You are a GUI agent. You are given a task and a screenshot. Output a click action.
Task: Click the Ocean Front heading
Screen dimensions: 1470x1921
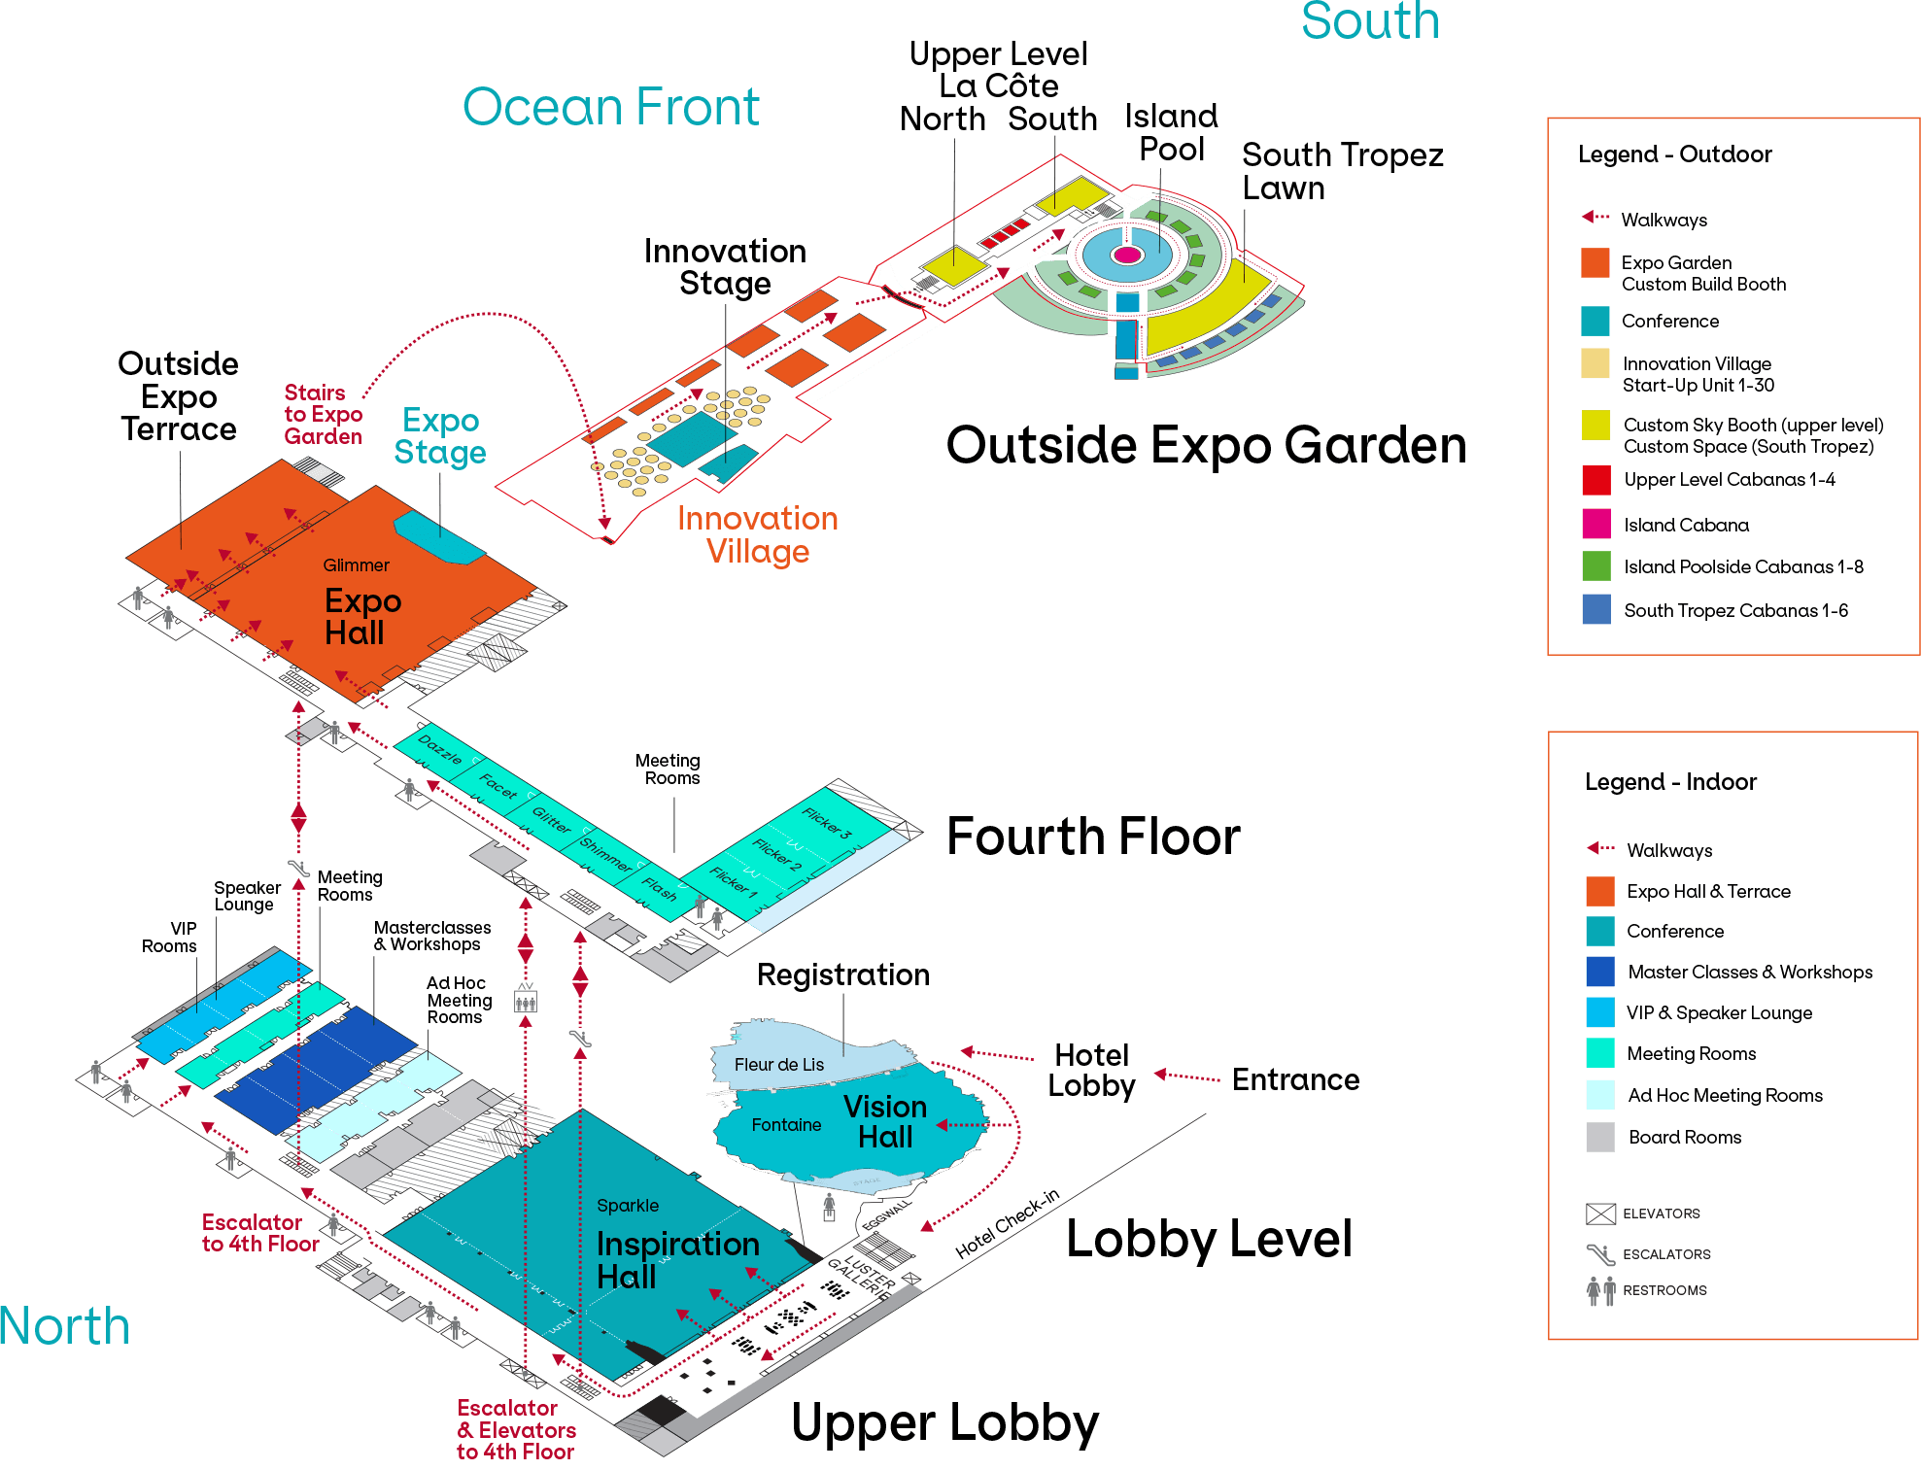610,107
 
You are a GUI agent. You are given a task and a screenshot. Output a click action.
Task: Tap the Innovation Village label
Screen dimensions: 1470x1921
757,534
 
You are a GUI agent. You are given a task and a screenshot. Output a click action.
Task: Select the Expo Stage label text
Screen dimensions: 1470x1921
440,436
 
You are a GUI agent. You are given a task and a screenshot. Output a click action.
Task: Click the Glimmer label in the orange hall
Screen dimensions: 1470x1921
356,565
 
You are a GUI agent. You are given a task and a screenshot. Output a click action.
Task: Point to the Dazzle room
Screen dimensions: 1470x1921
439,749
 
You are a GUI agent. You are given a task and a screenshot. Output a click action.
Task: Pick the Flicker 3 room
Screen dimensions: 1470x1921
826,822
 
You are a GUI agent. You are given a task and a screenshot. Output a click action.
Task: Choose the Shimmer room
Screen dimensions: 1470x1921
605,853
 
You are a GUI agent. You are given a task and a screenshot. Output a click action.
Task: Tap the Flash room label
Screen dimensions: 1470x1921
659,889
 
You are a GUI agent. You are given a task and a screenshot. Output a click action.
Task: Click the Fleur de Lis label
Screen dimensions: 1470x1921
778,1065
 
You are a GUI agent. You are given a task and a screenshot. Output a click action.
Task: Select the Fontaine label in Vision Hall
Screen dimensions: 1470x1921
786,1125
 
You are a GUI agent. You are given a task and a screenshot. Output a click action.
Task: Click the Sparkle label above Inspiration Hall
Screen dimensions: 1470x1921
628,1206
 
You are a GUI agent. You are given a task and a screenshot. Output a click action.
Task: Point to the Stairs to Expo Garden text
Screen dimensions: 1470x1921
323,415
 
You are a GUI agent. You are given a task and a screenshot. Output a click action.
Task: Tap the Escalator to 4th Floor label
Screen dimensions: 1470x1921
259,1233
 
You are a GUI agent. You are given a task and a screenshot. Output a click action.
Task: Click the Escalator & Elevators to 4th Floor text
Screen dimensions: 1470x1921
516,1429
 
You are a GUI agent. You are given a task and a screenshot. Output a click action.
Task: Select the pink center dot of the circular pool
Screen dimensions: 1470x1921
1127,255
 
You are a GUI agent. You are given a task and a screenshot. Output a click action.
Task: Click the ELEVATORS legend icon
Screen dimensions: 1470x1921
1599,1214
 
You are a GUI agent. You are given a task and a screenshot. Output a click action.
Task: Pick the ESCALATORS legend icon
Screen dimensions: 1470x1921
1599,1254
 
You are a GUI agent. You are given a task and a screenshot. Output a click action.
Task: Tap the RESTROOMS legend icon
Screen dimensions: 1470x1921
1600,1290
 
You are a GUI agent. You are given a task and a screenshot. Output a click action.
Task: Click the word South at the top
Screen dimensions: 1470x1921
1369,21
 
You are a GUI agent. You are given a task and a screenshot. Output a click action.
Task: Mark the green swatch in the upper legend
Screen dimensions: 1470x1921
1595,565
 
